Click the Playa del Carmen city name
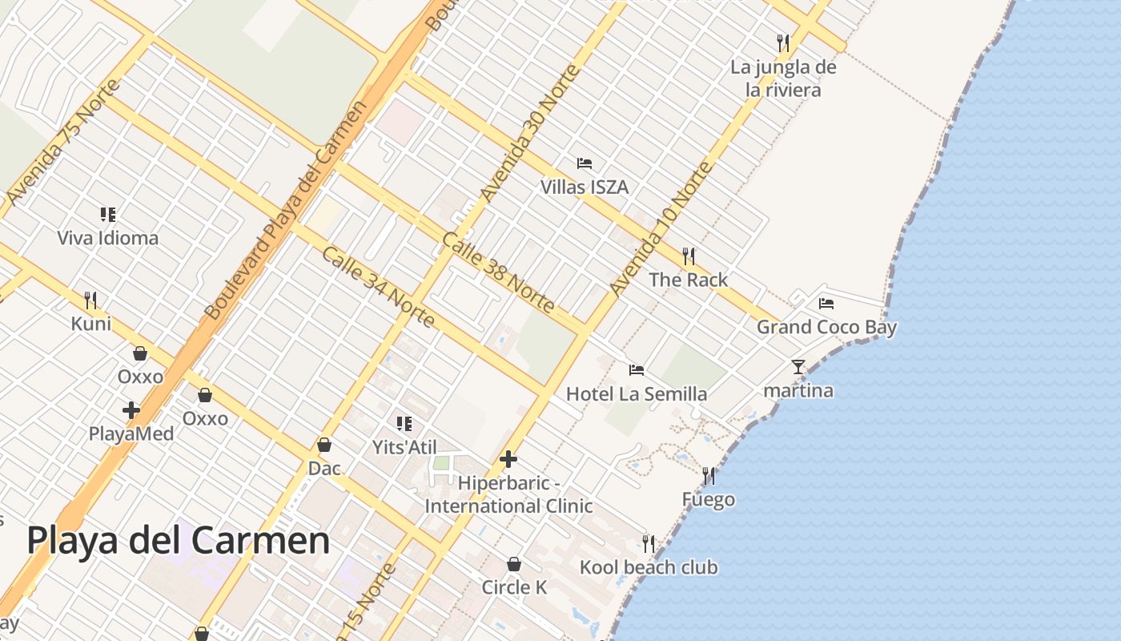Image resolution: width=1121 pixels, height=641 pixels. [x=178, y=541]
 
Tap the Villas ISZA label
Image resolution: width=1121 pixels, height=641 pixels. [x=584, y=187]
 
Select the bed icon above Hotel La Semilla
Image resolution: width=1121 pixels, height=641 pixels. [x=637, y=369]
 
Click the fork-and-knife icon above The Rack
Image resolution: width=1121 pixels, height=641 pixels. [x=688, y=256]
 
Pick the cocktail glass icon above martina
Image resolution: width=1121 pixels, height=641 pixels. [x=798, y=367]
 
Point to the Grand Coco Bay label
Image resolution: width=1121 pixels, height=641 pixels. [x=826, y=327]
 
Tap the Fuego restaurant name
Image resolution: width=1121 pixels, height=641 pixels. [x=708, y=500]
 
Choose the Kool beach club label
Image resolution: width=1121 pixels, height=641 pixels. [x=649, y=567]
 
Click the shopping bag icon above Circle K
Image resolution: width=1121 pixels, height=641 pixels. [x=514, y=564]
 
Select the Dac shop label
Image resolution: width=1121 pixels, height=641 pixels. [x=324, y=468]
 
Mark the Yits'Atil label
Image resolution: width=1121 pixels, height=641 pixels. [x=404, y=447]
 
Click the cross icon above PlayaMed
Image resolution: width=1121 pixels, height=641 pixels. [x=131, y=410]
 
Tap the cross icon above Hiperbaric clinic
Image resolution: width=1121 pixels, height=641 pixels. [x=508, y=459]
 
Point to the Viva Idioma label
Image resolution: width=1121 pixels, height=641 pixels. [x=107, y=238]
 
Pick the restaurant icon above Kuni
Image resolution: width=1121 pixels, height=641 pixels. [x=90, y=300]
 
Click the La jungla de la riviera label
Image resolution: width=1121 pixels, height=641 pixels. [x=783, y=79]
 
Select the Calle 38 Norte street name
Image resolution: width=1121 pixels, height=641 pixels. [x=497, y=272]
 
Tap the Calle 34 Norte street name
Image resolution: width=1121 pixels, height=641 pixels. [x=378, y=287]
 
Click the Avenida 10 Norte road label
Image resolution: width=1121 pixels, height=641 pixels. [x=661, y=228]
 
